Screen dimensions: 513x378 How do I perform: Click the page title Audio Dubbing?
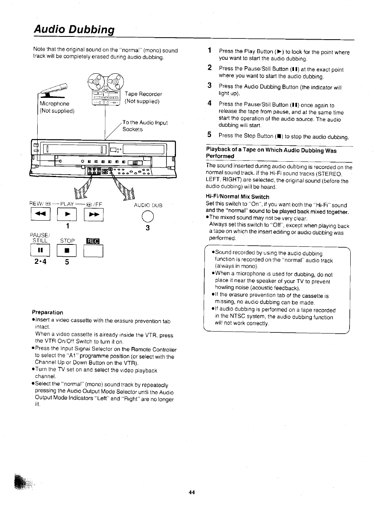(74, 30)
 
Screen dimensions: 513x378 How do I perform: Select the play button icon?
(67, 215)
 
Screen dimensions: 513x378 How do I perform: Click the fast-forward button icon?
(94, 215)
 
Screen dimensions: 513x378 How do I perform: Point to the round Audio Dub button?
(147, 216)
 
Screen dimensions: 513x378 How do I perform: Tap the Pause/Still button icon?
(40, 251)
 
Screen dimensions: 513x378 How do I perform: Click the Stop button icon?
(67, 251)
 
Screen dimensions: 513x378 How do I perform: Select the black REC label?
(93, 241)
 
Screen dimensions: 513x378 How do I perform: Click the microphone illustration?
(56, 90)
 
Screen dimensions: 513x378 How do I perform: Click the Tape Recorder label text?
(143, 94)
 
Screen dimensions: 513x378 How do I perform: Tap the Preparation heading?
(48, 312)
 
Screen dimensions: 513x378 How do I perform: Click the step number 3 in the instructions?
(210, 85)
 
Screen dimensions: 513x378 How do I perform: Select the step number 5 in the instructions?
(210, 135)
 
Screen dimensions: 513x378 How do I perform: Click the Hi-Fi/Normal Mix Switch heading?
(237, 197)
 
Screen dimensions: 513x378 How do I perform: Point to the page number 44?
(192, 492)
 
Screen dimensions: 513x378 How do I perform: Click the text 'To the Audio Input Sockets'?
(144, 126)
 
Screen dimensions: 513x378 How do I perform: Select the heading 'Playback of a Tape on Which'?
(271, 151)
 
